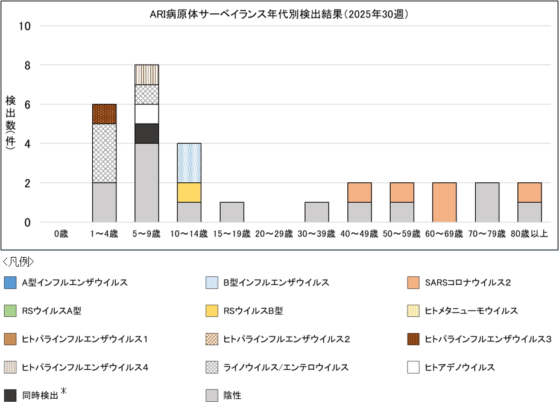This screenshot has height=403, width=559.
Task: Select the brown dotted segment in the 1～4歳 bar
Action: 104,114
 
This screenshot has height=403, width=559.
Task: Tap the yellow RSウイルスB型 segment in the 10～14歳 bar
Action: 189,192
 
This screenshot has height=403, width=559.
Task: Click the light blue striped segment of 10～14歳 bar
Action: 189,163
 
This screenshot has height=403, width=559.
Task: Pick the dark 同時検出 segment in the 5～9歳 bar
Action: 147,133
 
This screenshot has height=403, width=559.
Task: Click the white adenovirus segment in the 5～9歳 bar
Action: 147,114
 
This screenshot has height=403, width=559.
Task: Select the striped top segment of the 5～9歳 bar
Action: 147,74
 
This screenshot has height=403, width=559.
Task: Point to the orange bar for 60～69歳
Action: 444,202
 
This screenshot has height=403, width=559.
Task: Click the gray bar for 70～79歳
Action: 487,202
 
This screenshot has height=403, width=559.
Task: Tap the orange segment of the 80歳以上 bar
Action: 529,192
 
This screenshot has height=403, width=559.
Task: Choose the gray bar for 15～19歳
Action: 232,212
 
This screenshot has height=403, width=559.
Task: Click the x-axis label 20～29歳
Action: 274,233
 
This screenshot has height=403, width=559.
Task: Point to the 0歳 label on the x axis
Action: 62,233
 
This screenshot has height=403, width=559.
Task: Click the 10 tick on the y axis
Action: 27,26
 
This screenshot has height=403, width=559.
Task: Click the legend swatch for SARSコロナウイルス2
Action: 413,282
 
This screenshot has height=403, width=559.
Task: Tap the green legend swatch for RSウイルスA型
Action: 10,311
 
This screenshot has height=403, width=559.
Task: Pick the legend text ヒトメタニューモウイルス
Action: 471,311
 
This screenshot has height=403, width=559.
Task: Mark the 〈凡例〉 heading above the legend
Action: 18,261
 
